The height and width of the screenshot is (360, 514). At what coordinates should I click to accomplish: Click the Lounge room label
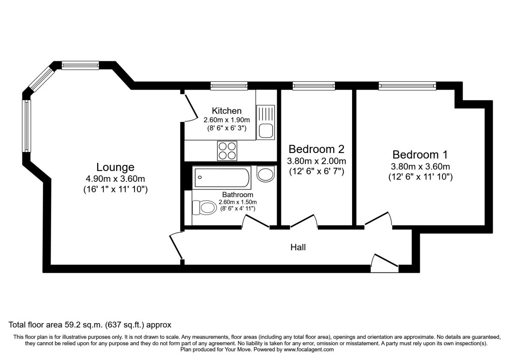(x=115, y=167)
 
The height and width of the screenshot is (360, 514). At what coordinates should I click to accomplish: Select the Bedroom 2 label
(x=317, y=150)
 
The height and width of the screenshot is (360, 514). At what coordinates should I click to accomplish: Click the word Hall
(x=298, y=247)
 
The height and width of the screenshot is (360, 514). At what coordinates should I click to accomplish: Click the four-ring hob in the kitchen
(x=227, y=150)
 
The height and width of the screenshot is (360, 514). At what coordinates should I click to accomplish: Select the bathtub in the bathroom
(x=222, y=177)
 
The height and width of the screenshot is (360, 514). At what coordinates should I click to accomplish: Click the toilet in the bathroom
(x=205, y=208)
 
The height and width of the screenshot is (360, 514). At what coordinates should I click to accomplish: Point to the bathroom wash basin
(x=266, y=174)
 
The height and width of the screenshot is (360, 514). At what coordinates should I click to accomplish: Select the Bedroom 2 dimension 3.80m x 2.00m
(x=317, y=162)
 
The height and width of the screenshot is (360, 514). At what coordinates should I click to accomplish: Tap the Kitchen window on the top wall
(x=229, y=86)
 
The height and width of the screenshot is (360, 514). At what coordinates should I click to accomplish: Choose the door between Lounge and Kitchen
(x=188, y=107)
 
